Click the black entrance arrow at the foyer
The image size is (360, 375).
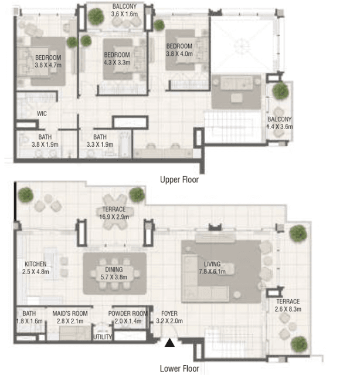pyautogui.click(x=169, y=343)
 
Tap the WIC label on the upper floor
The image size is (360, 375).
pyautogui.click(x=42, y=113)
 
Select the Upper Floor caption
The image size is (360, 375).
pyautogui.click(x=179, y=180)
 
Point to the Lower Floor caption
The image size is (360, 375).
pyautogui.click(x=179, y=369)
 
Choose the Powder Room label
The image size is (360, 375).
pyautogui.click(x=128, y=317)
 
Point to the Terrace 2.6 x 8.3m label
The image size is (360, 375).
pyautogui.click(x=288, y=305)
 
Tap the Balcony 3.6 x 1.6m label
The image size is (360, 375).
pyautogui.click(x=124, y=11)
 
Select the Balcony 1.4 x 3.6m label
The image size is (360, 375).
pyautogui.click(x=279, y=123)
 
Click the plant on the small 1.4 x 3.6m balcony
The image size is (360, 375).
pyautogui.click(x=280, y=91)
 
